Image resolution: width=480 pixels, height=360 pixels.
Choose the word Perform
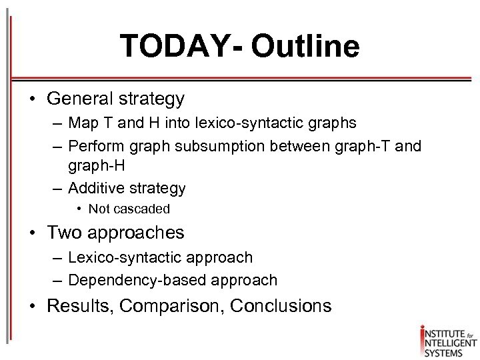(94, 146)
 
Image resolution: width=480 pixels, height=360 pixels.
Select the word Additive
(95, 188)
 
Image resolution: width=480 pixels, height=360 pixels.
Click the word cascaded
(141, 209)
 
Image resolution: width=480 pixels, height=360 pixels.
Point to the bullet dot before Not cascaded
(79, 209)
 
